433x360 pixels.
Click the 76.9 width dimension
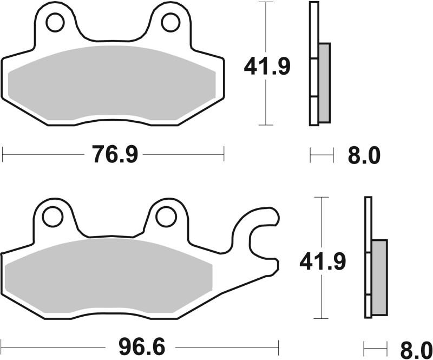click(x=115, y=155)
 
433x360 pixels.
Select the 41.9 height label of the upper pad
click(x=267, y=67)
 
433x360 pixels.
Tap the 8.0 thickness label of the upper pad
click(x=363, y=156)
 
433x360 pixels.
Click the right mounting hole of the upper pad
click(x=170, y=22)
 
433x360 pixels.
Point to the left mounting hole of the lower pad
click(x=53, y=217)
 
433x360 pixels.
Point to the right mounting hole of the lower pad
click(x=166, y=217)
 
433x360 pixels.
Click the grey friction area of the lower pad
click(x=108, y=276)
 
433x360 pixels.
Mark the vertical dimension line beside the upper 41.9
click(x=265, y=32)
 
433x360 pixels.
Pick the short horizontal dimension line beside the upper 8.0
click(x=322, y=156)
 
